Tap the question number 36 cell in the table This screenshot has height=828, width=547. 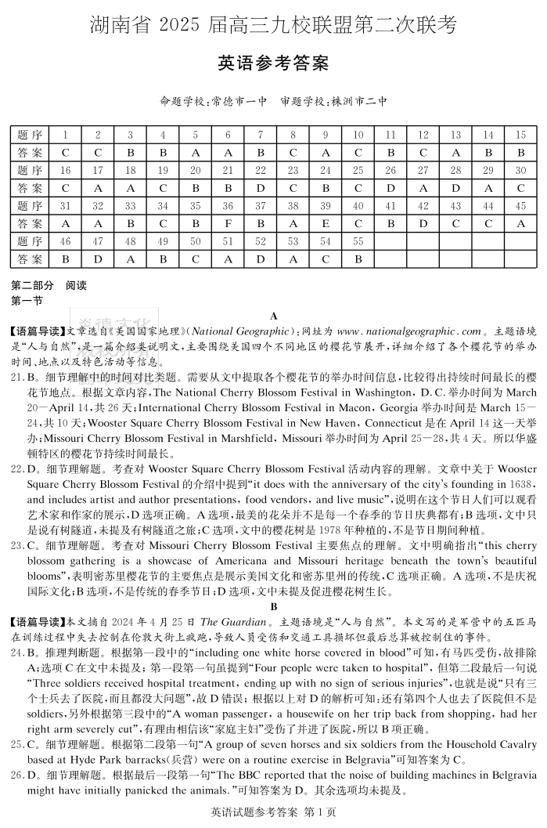228,206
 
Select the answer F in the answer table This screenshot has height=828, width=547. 228,223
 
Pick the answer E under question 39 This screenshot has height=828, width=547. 326,223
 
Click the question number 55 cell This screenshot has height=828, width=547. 358,241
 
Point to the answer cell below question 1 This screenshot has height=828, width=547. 66,153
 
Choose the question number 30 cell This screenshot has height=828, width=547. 520,170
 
